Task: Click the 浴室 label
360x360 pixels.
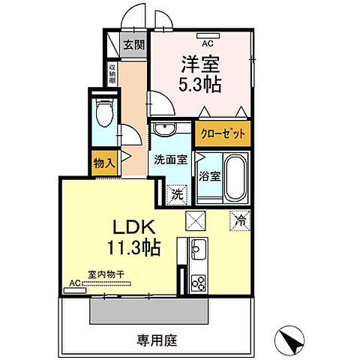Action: (210, 177)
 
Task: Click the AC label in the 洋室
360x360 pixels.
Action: (202, 34)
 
